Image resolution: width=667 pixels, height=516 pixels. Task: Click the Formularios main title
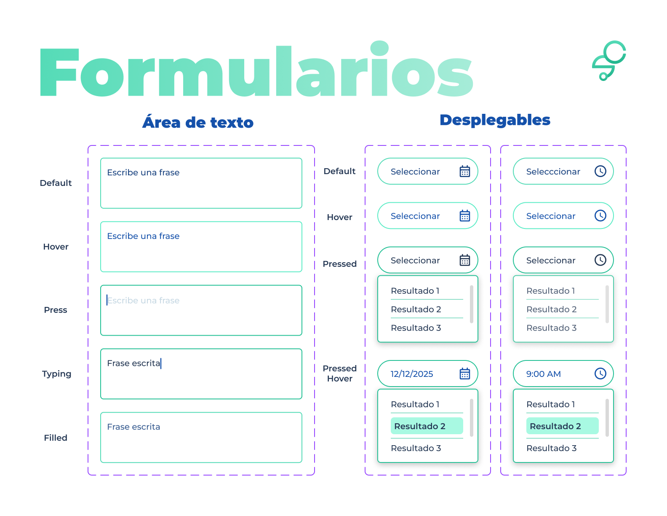(x=256, y=69)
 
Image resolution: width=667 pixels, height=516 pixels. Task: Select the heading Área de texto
(x=197, y=122)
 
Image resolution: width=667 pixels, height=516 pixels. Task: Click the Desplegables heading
(x=495, y=120)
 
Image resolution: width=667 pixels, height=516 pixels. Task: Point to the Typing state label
(x=56, y=374)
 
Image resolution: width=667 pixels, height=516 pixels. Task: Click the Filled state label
(x=56, y=438)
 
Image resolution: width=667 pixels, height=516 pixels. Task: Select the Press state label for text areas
(x=56, y=310)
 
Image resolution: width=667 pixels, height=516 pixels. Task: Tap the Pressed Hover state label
(x=339, y=374)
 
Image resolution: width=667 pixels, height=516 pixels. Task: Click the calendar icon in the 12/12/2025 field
(x=465, y=374)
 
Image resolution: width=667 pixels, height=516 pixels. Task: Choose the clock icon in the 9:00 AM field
(x=600, y=374)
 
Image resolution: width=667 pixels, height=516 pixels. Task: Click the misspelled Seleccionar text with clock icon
(x=553, y=172)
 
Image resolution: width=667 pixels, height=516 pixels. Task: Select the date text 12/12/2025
(x=412, y=374)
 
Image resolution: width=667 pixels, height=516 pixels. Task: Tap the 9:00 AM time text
(x=543, y=374)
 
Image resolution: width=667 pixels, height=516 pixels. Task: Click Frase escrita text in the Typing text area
(x=133, y=363)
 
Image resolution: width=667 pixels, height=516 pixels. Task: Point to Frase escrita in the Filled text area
(x=133, y=427)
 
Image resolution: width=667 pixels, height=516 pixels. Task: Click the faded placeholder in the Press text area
(x=143, y=300)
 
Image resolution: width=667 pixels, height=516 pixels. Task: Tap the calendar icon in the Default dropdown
(x=465, y=171)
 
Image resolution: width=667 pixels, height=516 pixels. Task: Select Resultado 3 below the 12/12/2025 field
(x=416, y=448)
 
